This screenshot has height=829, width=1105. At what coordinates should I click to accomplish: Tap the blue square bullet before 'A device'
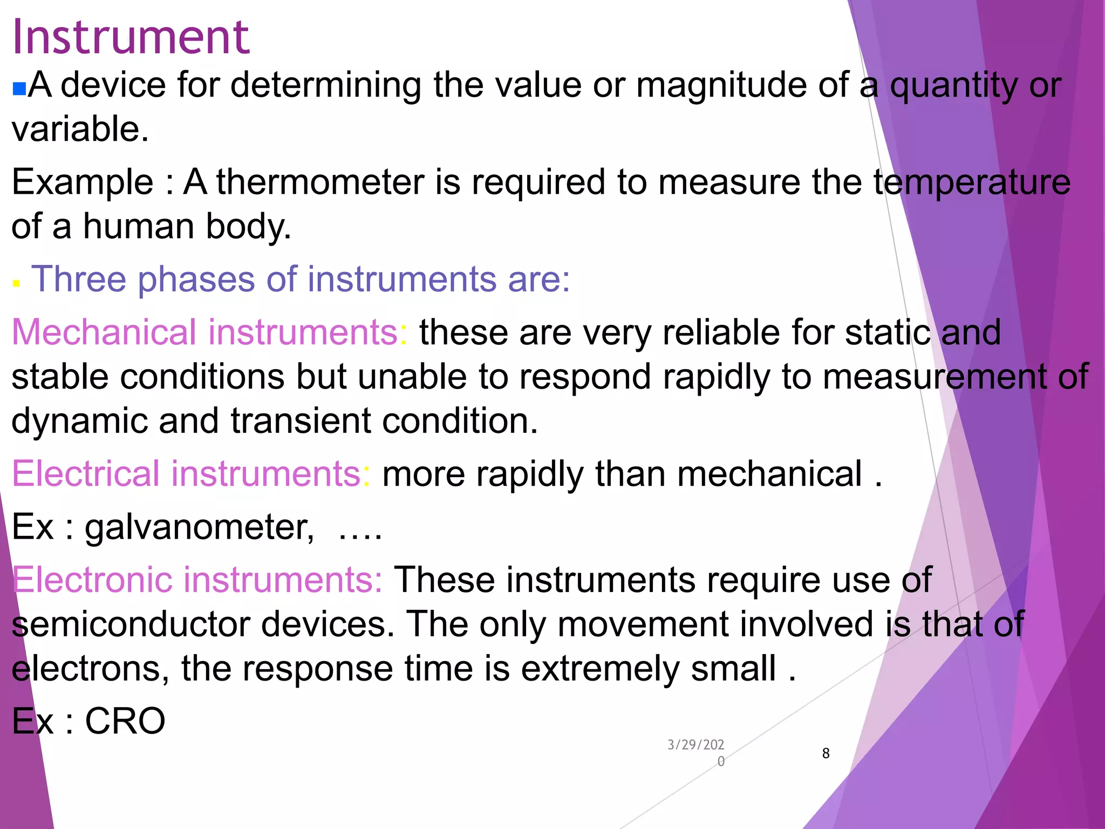[19, 89]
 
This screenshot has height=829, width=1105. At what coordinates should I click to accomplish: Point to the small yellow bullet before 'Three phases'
[16, 283]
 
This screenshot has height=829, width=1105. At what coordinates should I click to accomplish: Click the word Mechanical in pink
[104, 332]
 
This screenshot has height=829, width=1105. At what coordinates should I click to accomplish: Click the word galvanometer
[199, 527]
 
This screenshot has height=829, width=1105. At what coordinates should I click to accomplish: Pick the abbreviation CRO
[125, 721]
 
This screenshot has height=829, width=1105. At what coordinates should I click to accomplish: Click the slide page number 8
[826, 753]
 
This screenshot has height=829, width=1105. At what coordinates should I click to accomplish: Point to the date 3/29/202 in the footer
[695, 745]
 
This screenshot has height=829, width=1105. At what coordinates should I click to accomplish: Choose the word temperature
[972, 182]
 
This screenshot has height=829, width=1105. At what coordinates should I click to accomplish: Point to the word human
[138, 226]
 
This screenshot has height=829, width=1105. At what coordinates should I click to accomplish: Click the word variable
[79, 130]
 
